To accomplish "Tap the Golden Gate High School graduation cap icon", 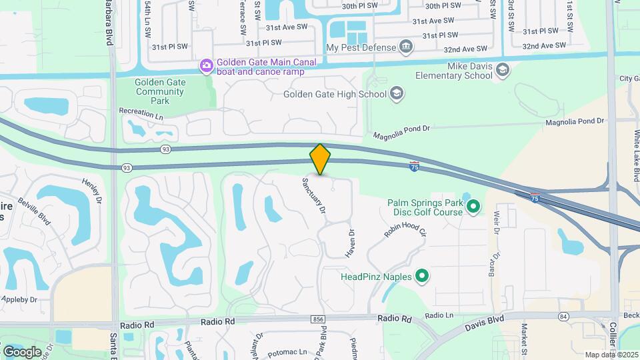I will (x=397, y=93).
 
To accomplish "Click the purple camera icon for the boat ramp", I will (x=207, y=65).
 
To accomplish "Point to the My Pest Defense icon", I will (x=406, y=47).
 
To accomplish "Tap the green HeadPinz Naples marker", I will (x=421, y=275).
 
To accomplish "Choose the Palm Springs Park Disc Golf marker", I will (x=473, y=207).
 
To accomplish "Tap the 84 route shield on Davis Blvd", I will (x=564, y=315).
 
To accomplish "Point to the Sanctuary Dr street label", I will (x=314, y=195).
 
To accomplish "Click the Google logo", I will (x=22, y=351).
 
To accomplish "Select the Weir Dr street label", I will (x=496, y=222).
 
